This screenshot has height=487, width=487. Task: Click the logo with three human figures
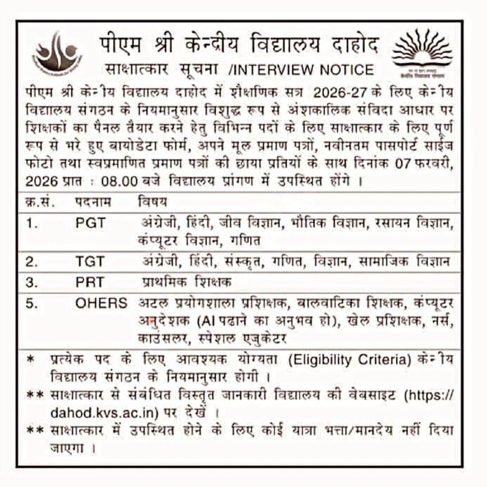57,52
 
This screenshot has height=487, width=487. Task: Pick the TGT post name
90,262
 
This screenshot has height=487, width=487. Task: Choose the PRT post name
90,283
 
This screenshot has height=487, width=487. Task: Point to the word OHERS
101,303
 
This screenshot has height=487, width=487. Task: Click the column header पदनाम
93,202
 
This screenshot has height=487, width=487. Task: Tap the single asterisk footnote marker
31,361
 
